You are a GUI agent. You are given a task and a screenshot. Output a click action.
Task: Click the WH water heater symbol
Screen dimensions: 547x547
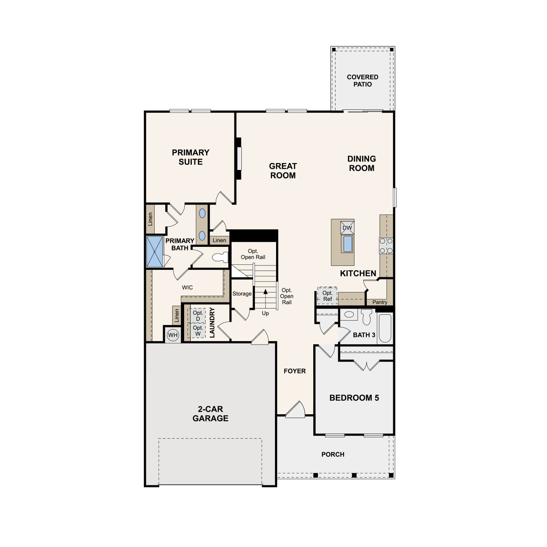173,335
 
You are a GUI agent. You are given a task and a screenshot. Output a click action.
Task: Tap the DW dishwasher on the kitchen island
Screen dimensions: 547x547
347,228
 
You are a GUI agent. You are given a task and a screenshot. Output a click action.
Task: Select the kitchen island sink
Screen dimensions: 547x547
348,244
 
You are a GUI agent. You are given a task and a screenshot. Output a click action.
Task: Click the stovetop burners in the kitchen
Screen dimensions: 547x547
386,246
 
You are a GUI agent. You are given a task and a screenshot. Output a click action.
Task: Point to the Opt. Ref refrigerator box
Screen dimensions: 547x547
327,296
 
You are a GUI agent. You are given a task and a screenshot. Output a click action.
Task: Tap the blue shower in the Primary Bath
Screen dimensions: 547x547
155,252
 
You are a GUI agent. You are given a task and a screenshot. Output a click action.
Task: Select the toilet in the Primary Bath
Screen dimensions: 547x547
220,257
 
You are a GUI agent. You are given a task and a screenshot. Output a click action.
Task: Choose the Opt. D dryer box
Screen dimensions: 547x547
198,316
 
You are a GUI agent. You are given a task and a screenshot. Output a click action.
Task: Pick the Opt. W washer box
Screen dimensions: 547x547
198,331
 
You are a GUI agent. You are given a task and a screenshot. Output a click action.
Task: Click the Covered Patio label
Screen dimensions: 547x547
362,81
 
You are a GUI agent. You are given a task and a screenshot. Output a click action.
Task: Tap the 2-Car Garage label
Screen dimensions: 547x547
210,414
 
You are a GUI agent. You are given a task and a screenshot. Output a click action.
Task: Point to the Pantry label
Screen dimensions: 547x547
380,302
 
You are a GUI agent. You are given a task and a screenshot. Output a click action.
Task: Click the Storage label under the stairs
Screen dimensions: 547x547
242,294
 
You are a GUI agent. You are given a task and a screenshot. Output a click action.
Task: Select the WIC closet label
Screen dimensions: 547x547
187,287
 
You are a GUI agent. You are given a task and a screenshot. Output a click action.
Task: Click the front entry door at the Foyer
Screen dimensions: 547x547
295,410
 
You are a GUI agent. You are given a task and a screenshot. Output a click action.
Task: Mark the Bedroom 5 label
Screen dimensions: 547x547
354,398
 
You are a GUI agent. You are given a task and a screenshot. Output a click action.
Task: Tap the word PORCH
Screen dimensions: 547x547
333,454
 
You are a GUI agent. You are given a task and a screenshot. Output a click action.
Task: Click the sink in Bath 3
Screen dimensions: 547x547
349,314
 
